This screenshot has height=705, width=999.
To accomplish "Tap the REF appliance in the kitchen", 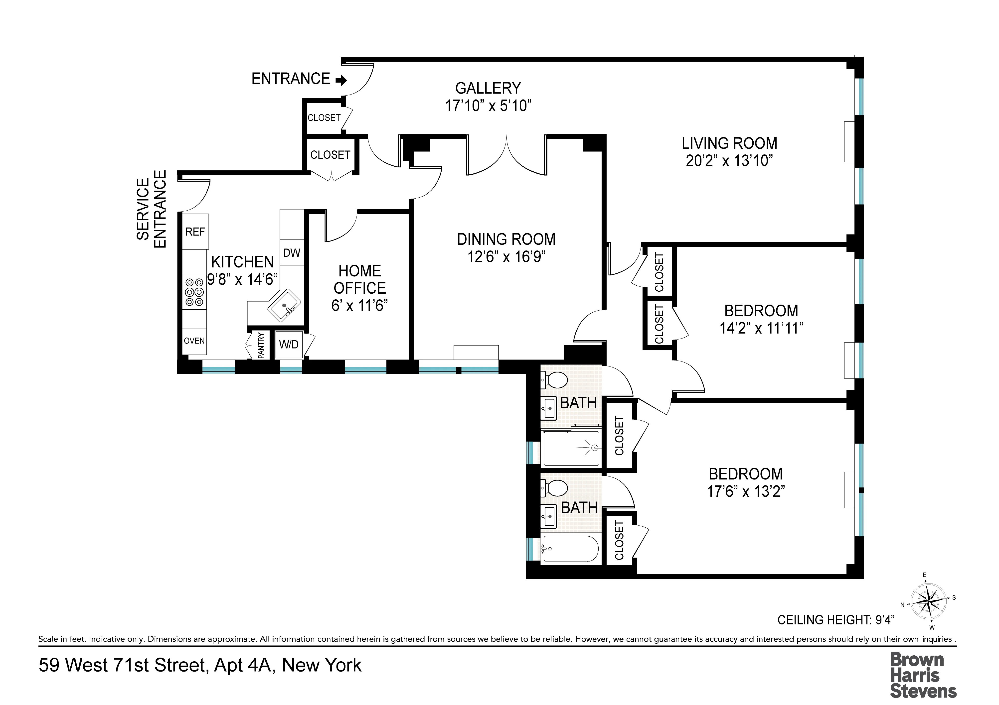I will (195, 231).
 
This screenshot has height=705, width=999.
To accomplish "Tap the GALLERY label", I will (488, 88).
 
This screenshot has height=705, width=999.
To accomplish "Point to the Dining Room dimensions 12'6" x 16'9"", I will (506, 257).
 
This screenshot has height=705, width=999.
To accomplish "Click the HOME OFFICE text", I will (359, 279).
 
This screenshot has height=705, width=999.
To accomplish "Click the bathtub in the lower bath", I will (570, 550).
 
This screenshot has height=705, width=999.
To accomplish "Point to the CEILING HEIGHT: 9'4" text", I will (835, 620).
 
